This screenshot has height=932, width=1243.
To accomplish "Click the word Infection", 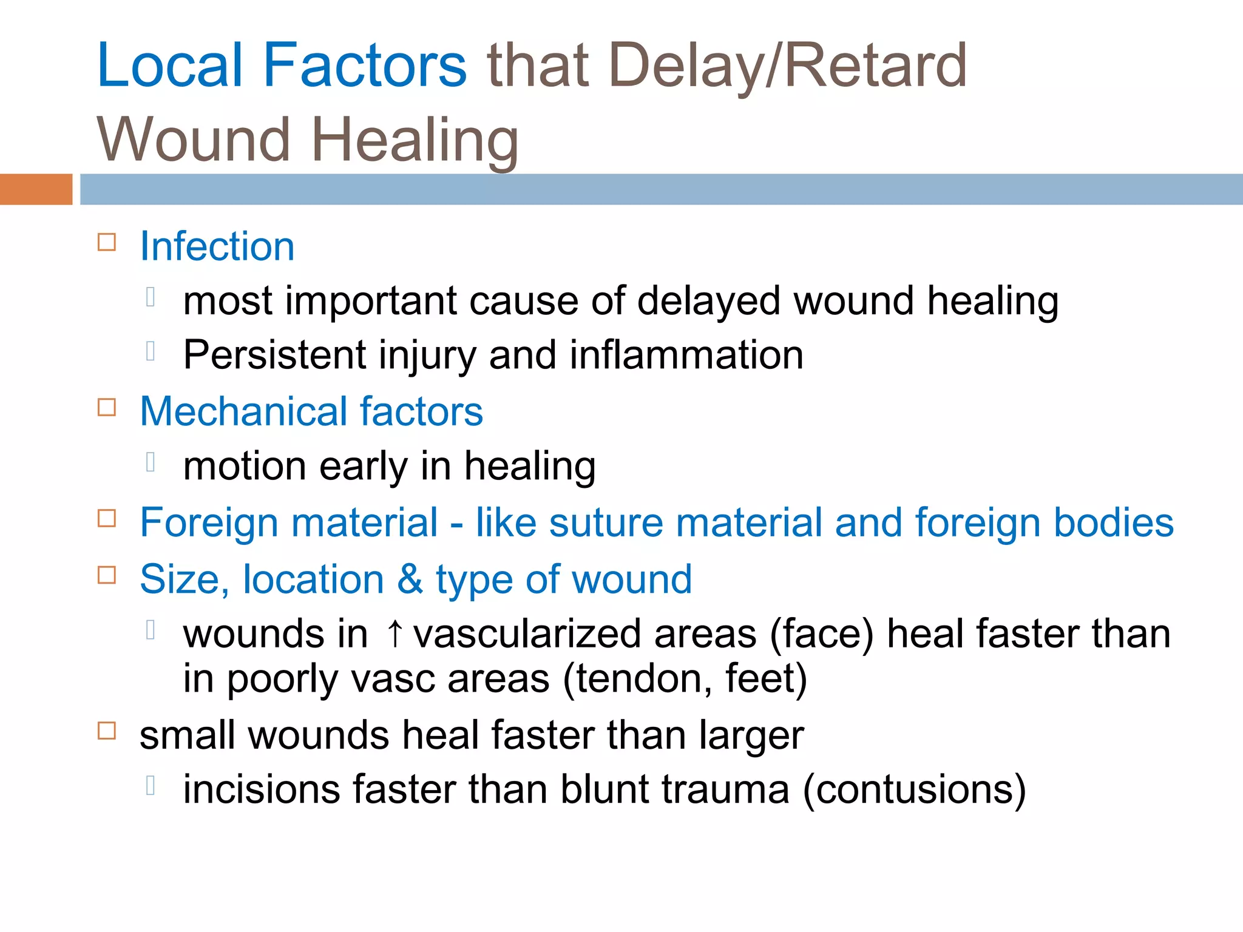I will coord(217,246).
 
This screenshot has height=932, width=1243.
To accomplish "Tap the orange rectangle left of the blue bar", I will coord(36,189).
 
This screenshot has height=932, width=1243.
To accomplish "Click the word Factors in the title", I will coord(364,65).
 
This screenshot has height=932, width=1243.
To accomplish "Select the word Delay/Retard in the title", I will coord(787,65).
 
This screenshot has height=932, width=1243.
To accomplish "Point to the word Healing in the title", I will coord(415,140).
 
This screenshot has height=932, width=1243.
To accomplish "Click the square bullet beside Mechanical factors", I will coord(107,407).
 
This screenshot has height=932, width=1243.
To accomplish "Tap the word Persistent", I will coord(274,354).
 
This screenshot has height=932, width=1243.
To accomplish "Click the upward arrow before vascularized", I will coord(395,633).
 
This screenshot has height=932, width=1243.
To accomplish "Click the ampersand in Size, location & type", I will coord(410,579).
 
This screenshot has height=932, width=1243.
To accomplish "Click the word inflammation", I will coord(686,354).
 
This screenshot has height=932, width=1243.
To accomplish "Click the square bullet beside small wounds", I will coord(107,731).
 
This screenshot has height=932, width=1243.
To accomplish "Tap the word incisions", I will coord(262,789).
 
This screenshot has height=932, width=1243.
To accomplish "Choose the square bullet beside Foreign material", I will coord(107,518).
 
